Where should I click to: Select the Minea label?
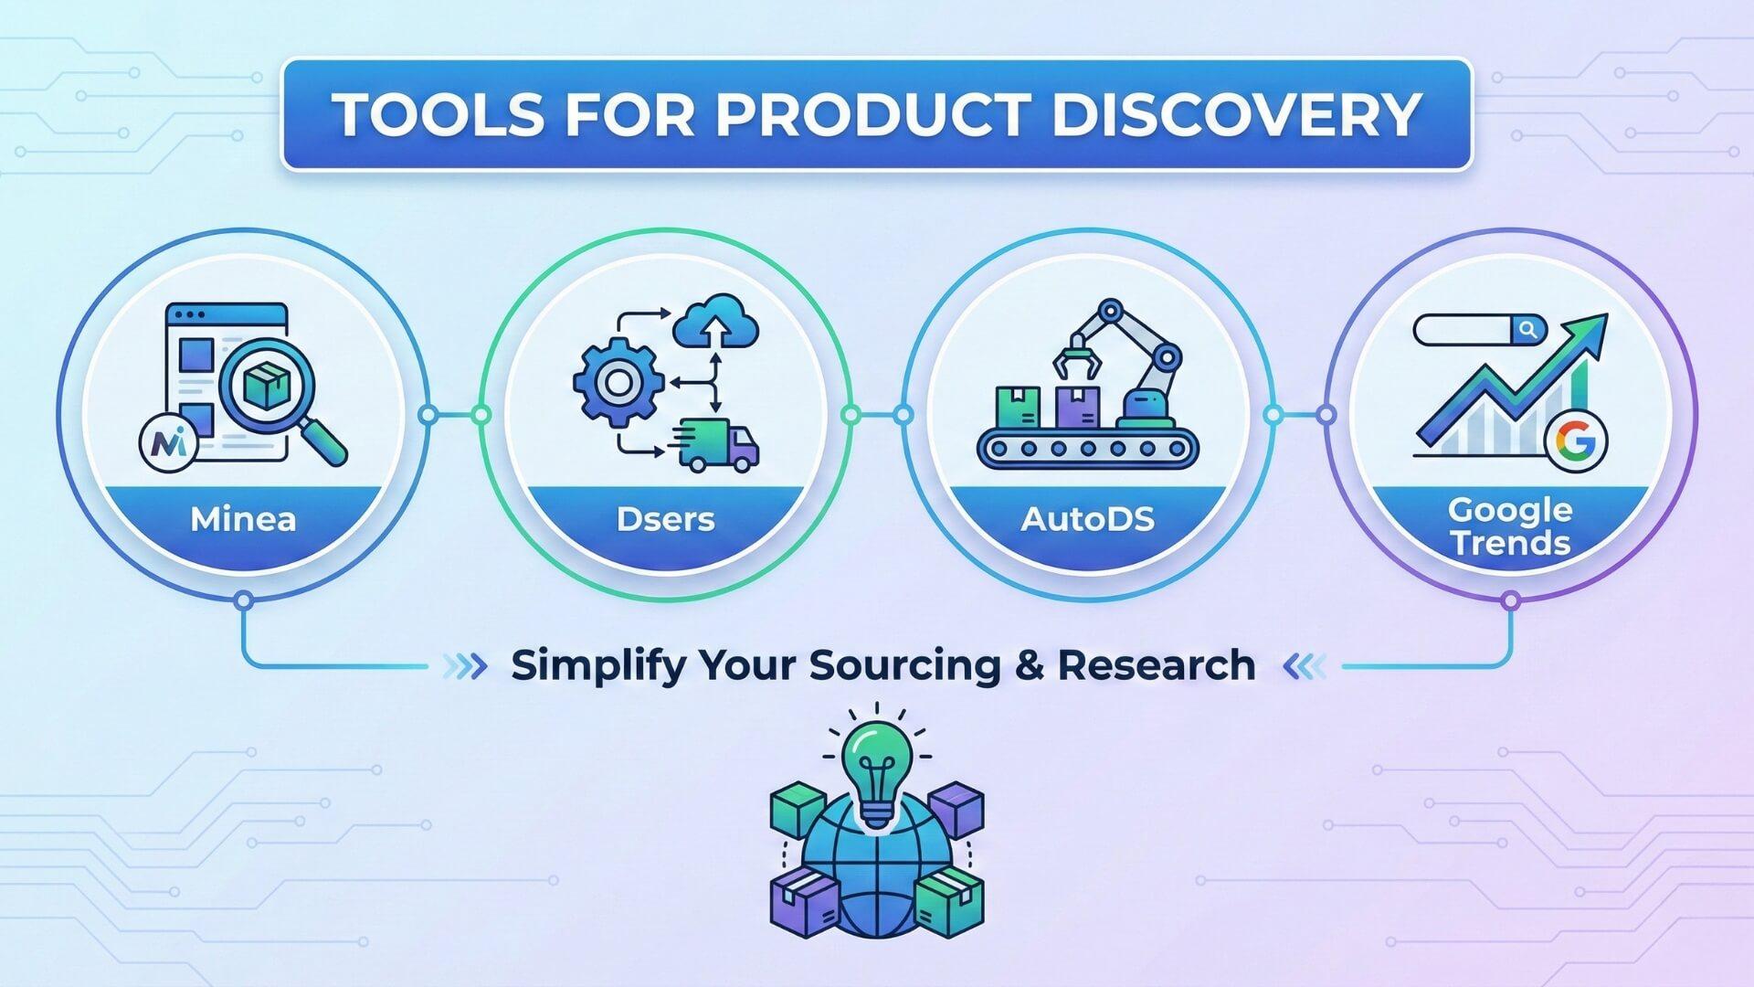243,519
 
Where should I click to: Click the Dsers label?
665,519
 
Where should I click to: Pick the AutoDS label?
1087,519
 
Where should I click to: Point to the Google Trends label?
1510,526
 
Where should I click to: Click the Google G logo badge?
1576,442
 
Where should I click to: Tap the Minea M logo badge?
169,443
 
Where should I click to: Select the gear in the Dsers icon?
618,382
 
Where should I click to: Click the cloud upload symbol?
716,321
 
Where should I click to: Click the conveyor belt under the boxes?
1087,448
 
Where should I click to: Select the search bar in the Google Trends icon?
1480,330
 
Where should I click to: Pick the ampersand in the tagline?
1030,665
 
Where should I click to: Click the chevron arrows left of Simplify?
465,666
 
